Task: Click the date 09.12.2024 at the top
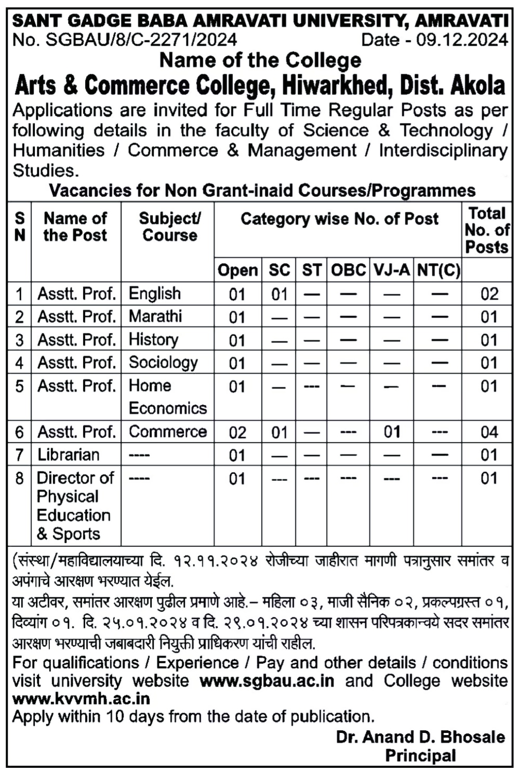click(462, 40)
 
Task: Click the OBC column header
click(348, 270)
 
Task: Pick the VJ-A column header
click(391, 270)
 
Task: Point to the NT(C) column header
click(438, 270)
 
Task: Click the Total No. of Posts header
click(487, 230)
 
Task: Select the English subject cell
click(155, 294)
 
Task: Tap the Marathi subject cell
click(155, 316)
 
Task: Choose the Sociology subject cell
click(163, 363)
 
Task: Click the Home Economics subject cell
click(167, 397)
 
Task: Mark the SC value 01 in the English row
click(279, 294)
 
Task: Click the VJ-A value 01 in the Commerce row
click(392, 432)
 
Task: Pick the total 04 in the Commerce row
click(489, 432)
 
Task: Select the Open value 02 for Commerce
click(237, 432)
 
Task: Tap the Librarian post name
click(68, 455)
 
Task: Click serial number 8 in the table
click(19, 478)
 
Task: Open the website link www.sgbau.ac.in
click(266, 681)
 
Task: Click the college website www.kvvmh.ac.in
click(81, 698)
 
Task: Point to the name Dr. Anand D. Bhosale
click(420, 737)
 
